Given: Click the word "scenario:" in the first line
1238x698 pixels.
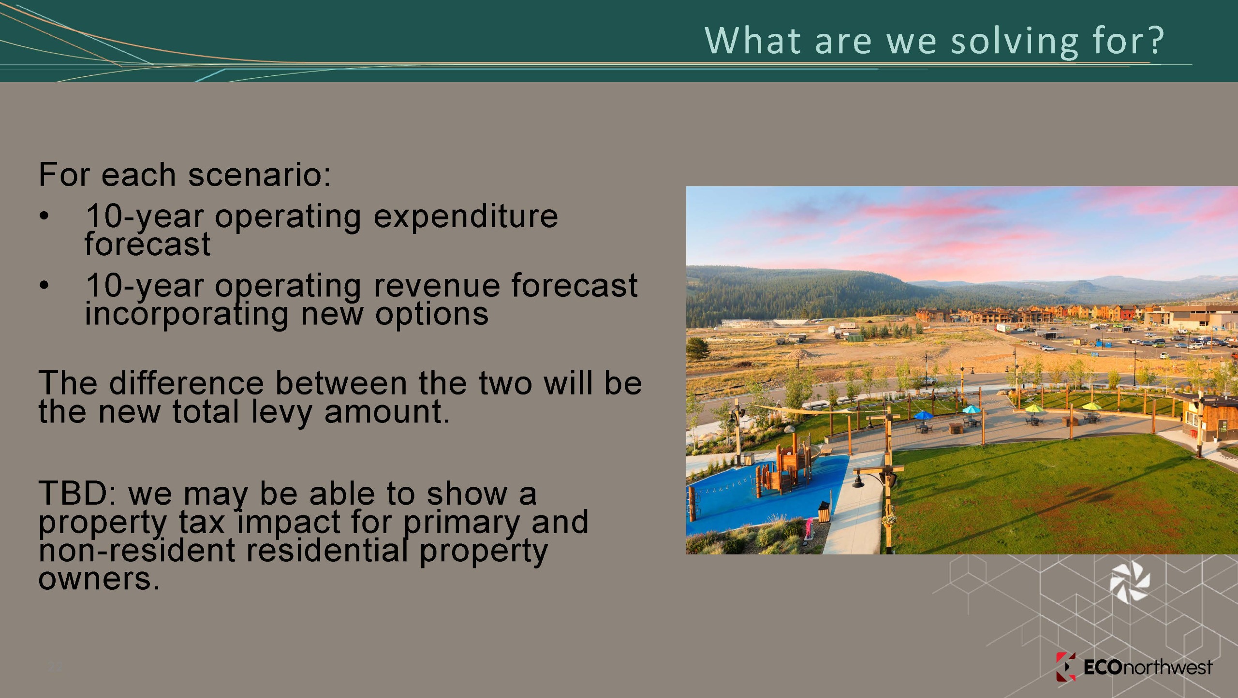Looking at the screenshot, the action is click(259, 174).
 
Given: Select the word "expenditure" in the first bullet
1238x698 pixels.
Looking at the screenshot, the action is click(466, 217).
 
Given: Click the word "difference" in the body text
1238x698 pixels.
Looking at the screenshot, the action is click(187, 383).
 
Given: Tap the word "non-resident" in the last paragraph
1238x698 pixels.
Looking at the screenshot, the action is click(137, 551).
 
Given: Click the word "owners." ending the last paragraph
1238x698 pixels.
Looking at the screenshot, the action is click(99, 579).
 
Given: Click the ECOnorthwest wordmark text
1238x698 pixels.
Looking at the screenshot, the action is click(1148, 668).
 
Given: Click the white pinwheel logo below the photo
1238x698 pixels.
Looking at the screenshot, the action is click(1129, 582).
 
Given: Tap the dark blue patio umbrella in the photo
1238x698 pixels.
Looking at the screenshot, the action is click(923, 415).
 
